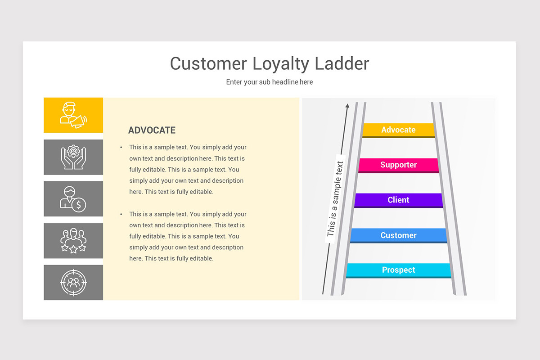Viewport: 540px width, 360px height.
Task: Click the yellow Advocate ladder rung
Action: tap(398, 130)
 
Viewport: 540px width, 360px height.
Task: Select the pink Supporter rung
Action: tap(398, 165)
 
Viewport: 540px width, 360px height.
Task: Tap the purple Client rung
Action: tap(398, 200)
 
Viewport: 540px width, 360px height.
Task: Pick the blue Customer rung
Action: tap(398, 235)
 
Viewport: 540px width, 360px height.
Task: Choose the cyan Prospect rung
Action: tap(398, 270)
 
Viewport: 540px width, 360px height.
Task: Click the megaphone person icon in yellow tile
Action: tap(73, 115)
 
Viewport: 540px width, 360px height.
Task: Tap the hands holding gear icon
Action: tap(73, 157)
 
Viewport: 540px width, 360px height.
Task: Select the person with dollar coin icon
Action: tap(73, 199)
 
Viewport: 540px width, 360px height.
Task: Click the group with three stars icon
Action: tap(73, 241)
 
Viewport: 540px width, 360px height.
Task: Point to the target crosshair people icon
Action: tap(73, 283)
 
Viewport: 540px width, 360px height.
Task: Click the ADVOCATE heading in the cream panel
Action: tap(152, 130)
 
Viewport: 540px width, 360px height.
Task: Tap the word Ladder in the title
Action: tap(342, 63)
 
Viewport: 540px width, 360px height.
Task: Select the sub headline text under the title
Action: tap(269, 82)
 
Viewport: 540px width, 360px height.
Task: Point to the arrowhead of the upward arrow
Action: tap(347, 106)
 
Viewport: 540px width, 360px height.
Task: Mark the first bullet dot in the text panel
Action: tap(121, 148)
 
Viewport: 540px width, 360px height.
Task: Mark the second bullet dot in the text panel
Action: tap(121, 215)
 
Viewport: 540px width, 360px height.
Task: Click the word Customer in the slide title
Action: tap(208, 63)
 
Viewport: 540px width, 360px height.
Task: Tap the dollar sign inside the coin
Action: tap(79, 205)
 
